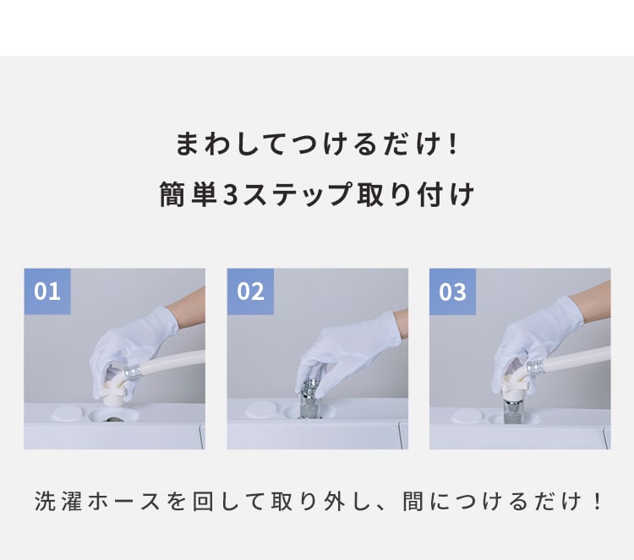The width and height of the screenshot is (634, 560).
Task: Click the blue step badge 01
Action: [x=47, y=291]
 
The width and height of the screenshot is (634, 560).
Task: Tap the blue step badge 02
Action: [x=250, y=291]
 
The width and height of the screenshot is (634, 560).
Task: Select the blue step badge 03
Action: [x=453, y=291]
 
